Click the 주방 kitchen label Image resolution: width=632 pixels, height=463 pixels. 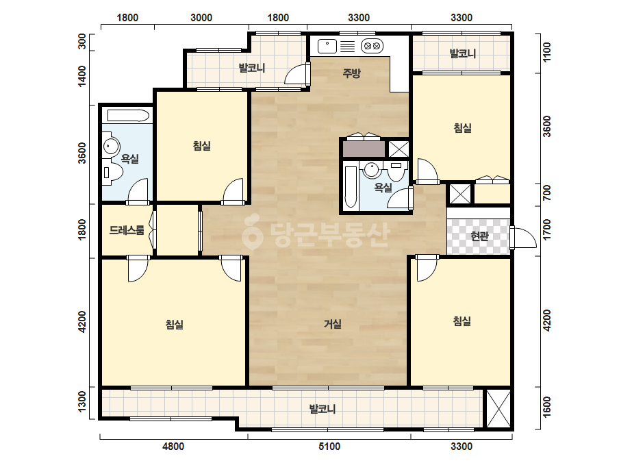[351, 73]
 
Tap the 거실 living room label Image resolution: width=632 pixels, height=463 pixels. [333, 323]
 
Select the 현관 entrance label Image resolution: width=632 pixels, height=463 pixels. [479, 236]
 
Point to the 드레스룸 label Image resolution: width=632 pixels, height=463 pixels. [127, 230]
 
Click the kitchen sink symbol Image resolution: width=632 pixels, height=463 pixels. [327, 46]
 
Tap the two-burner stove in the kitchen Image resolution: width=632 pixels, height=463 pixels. [372, 46]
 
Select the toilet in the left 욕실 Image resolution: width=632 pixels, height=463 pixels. [112, 172]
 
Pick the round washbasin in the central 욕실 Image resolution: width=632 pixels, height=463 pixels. [371, 170]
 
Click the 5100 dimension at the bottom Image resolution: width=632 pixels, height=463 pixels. [329, 447]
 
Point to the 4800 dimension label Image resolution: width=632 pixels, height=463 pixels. [173, 447]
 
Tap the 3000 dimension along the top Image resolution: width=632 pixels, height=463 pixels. [201, 17]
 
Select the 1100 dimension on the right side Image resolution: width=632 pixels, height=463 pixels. [546, 52]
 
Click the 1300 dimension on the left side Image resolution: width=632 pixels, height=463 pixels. [81, 401]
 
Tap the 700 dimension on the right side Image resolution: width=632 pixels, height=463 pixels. [546, 192]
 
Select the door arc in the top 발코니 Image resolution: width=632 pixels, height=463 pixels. [296, 74]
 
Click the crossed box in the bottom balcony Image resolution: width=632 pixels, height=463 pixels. [498, 409]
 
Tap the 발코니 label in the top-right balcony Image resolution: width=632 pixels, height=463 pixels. [463, 53]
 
